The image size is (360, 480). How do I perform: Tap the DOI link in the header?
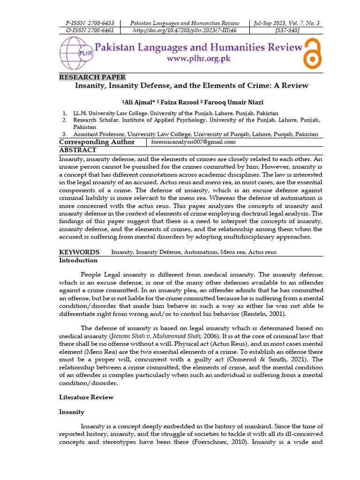tap(185, 30)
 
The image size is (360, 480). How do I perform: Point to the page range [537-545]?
tap(286, 30)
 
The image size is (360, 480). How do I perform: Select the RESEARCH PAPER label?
tap(92, 77)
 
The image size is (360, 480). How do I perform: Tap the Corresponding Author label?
tap(97, 142)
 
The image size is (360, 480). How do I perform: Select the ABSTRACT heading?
tap(78, 150)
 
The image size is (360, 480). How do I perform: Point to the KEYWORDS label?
tap(79, 252)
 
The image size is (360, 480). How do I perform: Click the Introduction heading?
tap(78, 260)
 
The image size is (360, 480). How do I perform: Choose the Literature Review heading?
tap(86, 397)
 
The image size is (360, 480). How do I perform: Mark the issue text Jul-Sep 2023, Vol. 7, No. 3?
tap(286, 23)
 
